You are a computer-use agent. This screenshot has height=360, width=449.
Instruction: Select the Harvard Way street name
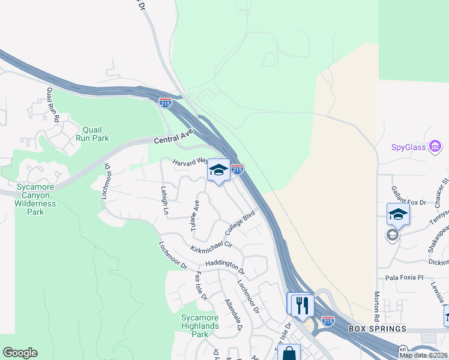[x=190, y=162]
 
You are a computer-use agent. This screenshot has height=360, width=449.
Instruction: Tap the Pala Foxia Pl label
[x=404, y=278]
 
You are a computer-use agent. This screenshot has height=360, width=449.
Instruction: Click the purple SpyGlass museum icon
[x=436, y=146]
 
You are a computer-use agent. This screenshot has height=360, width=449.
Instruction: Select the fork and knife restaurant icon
[x=300, y=304]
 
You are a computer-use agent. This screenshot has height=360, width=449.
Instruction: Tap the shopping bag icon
[x=289, y=353]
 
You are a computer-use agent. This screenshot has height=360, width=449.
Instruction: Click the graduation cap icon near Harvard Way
[x=218, y=170]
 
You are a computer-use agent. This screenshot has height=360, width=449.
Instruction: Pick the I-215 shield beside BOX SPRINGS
[x=328, y=320]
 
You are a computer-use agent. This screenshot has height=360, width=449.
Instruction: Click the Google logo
[x=20, y=353]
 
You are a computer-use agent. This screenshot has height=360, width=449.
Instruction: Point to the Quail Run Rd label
[x=52, y=104]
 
